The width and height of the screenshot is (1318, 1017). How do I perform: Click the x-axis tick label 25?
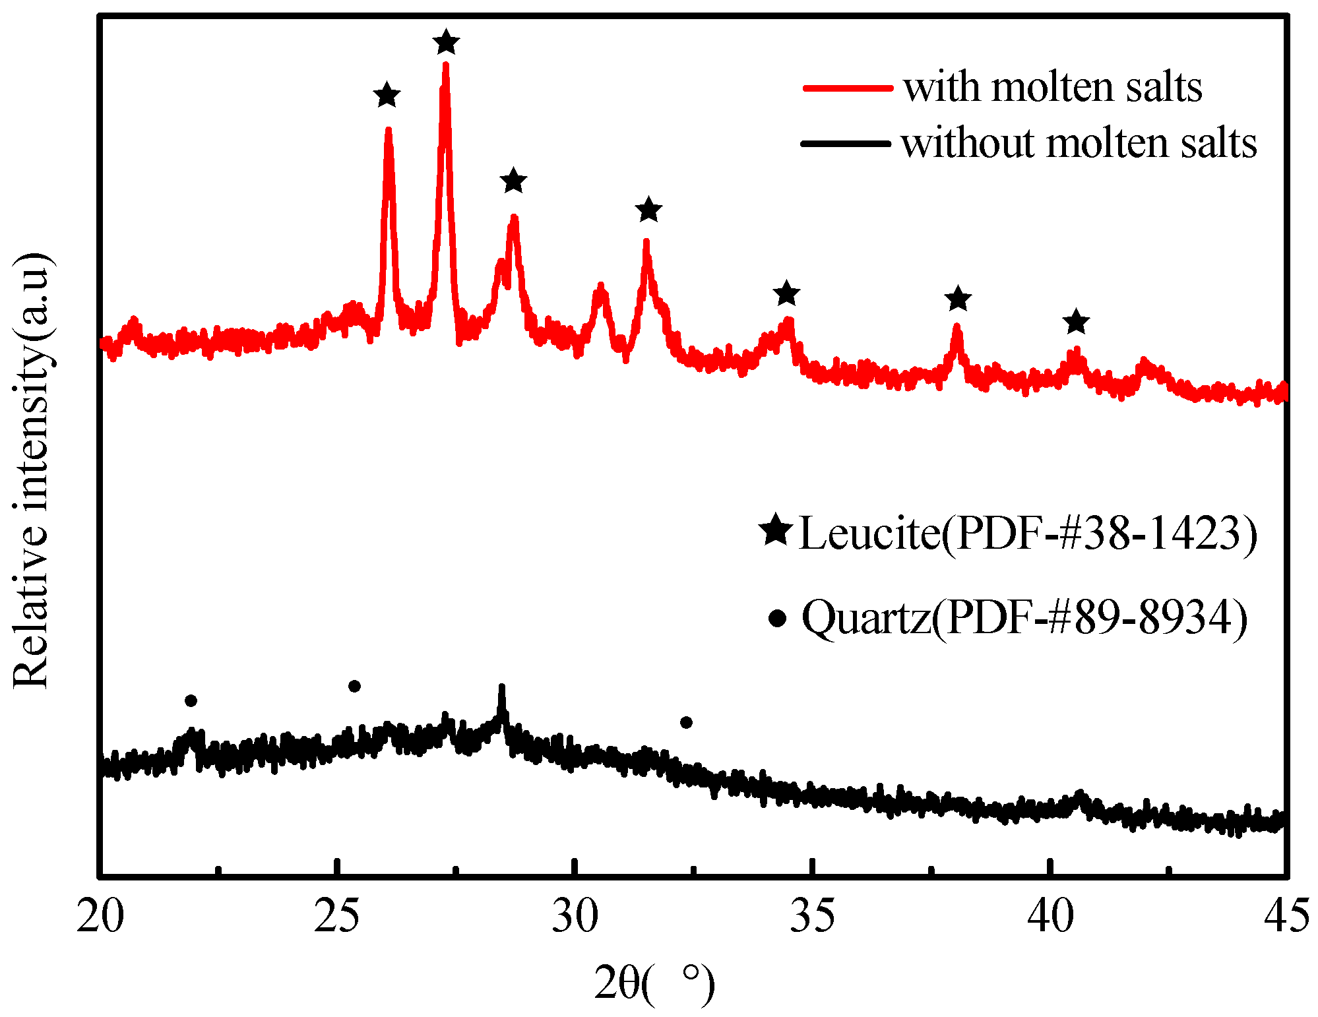tap(337, 917)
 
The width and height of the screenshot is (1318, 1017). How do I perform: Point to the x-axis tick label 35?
tap(813, 917)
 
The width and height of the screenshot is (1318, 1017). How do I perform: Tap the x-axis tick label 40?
tap(1050, 917)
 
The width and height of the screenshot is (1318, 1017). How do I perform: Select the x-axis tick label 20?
tap(100, 917)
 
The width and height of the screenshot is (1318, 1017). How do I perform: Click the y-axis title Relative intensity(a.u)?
tap(32, 470)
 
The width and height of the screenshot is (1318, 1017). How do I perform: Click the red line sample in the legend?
tap(848, 88)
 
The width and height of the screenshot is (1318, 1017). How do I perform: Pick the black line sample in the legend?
tap(846, 143)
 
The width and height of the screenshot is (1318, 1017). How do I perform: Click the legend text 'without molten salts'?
tap(1079, 143)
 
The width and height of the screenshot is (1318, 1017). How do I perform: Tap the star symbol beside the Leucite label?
tap(776, 530)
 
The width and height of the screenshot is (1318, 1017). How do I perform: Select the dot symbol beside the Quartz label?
tap(778, 618)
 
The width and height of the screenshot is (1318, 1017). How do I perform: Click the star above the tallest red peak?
tap(447, 42)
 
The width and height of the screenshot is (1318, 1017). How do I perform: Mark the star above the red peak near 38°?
tap(958, 299)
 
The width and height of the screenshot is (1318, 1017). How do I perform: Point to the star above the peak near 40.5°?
tap(1076, 322)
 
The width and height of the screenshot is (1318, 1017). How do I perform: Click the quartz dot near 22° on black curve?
tap(191, 700)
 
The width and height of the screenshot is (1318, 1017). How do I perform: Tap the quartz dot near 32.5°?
tap(686, 722)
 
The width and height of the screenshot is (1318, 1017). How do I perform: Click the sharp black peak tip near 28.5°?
tap(501, 688)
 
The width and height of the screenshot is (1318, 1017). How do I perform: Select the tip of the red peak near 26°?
tap(388, 130)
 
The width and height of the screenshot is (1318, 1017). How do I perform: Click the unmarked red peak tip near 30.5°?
tap(600, 286)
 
